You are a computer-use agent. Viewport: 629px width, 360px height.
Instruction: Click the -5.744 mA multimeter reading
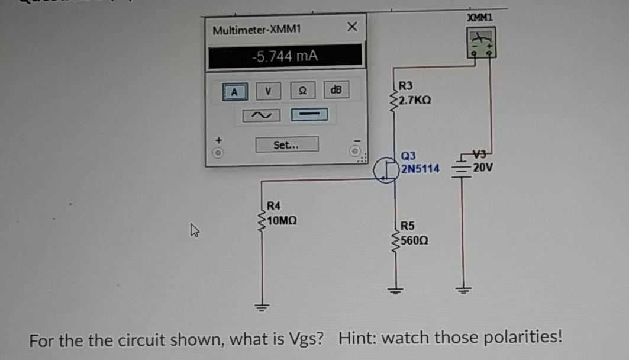(x=285, y=56)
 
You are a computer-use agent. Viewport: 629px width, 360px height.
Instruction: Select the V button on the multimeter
(x=268, y=91)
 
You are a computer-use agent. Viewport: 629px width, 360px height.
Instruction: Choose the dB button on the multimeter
(x=336, y=90)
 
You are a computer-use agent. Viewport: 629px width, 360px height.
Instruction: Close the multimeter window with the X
(x=352, y=27)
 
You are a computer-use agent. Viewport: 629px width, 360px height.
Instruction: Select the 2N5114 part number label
(x=420, y=169)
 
